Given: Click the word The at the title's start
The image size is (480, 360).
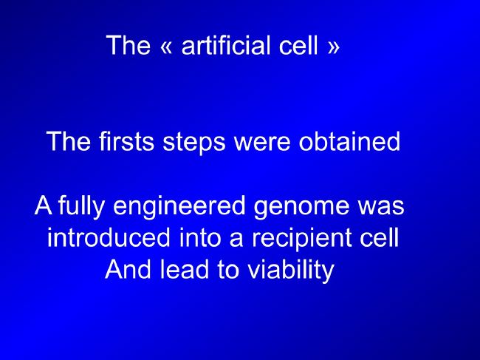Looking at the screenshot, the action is tap(128, 45).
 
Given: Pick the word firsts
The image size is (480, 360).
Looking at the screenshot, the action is tap(126, 141).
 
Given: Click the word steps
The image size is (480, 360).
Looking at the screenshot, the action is tap(194, 143).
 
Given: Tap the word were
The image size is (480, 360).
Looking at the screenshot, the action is tap(261, 143).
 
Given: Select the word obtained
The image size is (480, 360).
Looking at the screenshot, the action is tap(349, 141).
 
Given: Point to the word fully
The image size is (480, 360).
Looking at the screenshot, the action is tap(81, 206).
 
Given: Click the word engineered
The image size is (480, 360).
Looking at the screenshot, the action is tap(179, 206).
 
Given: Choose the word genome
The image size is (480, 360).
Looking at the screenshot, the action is tap(301, 208).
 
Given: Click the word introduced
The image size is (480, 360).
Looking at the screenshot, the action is tap(109, 237).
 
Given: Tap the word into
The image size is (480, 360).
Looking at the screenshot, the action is tap(200, 237).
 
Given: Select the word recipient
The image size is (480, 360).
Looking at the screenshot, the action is tap(301, 239).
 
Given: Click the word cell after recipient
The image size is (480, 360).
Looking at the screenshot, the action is tap(380, 237).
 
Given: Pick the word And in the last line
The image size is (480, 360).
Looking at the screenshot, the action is tap(128, 269).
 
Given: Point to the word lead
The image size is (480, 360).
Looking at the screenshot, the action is tap(185, 269).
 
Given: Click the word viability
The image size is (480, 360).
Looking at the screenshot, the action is tap(291, 271).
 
